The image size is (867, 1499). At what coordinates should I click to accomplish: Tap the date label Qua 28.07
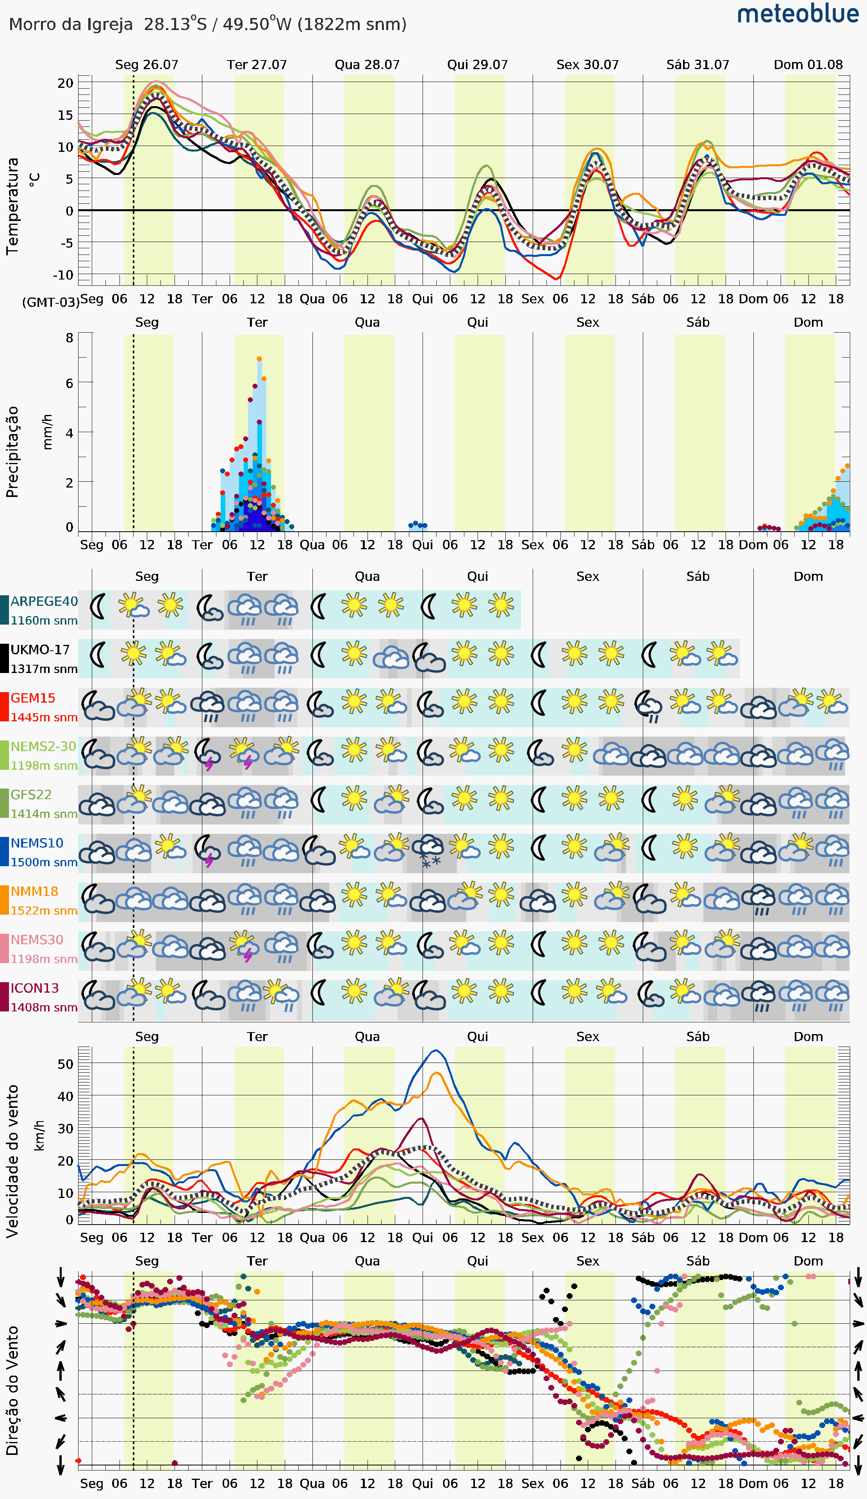tap(367, 64)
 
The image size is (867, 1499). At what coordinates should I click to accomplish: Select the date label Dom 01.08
tap(808, 64)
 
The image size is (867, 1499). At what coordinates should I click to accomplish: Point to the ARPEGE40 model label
tap(44, 602)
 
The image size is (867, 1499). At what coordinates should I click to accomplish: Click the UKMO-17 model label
tap(40, 650)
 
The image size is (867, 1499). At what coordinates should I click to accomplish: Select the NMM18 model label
tap(34, 891)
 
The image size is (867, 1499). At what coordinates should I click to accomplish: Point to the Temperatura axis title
tap(12, 206)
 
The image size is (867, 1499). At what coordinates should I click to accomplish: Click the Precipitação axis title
tap(12, 452)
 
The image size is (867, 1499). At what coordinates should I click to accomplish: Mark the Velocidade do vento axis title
tap(12, 1161)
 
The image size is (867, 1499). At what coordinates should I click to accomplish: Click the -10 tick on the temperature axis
tap(63, 275)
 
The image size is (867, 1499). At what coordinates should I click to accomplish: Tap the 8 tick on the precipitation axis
tap(70, 338)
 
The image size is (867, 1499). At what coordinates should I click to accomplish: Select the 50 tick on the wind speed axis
tap(66, 1064)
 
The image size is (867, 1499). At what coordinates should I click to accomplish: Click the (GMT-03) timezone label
tap(51, 302)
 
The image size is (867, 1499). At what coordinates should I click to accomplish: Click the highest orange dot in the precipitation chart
tap(259, 359)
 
